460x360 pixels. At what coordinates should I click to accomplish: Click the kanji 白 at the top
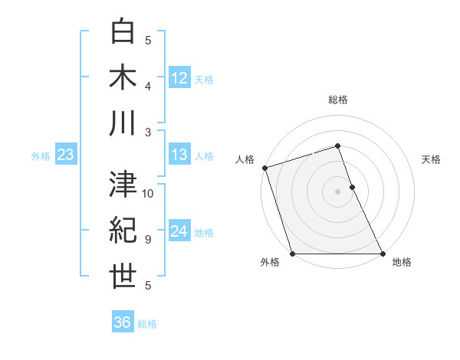click(x=123, y=32)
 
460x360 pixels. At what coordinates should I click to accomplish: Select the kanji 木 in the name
click(x=123, y=77)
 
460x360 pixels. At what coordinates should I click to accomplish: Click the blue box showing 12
click(x=179, y=78)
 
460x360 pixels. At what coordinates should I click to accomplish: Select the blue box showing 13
click(x=179, y=155)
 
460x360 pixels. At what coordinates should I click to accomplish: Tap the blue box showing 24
click(x=179, y=232)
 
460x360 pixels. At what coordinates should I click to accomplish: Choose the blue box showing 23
click(x=66, y=155)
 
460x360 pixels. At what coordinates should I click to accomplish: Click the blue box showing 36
click(x=123, y=322)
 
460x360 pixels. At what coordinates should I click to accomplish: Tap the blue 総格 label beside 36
click(x=147, y=324)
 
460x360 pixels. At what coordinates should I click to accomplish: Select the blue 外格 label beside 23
click(x=41, y=156)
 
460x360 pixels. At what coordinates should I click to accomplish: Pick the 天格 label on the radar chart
click(x=432, y=159)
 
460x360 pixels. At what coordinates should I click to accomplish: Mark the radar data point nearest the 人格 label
click(x=265, y=168)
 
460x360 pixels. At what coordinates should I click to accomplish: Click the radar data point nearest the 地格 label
click(x=382, y=254)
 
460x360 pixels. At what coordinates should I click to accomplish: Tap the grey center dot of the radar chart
click(x=337, y=191)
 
